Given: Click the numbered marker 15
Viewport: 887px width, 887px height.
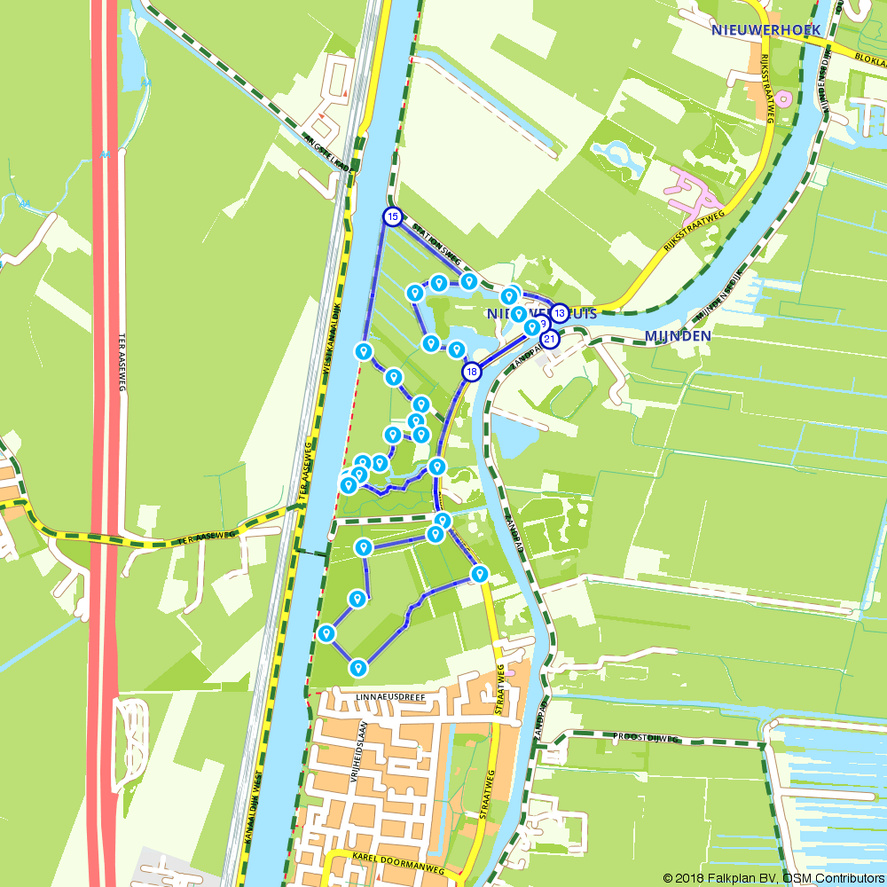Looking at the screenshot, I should [x=393, y=216].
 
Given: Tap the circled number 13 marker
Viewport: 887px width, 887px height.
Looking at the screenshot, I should [x=559, y=313].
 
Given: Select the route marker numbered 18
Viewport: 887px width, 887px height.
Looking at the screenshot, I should [x=472, y=372].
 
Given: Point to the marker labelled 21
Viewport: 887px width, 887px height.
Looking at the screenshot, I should [x=550, y=339].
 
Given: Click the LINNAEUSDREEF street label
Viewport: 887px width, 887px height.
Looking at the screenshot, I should [x=391, y=697].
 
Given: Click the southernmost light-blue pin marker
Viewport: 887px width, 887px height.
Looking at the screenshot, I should [x=358, y=667].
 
